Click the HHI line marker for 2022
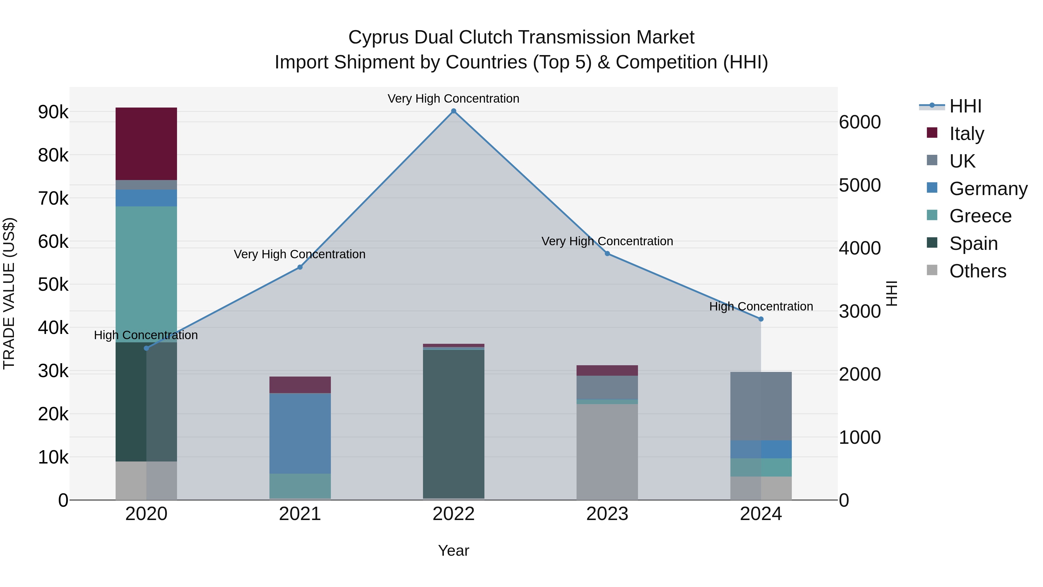453,111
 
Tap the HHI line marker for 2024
761,319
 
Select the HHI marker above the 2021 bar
300,267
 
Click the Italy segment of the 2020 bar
146,144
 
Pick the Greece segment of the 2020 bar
146,274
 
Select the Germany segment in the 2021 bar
300,433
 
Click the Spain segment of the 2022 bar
453,423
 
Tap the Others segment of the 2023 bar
607,452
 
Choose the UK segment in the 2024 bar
761,406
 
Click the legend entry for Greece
980,216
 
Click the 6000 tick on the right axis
860,122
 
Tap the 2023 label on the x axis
607,514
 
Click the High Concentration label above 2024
761,306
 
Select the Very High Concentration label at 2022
453,99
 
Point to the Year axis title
453,550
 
